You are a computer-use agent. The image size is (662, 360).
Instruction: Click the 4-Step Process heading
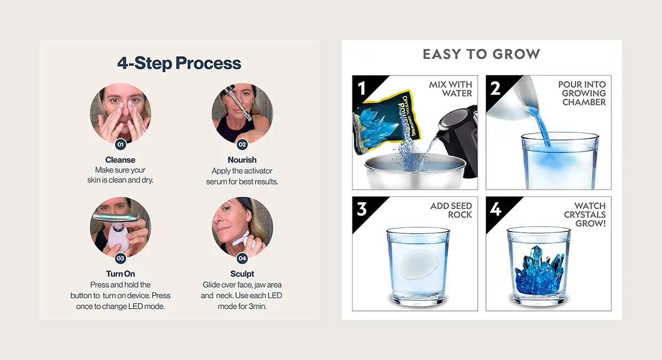coord(179,63)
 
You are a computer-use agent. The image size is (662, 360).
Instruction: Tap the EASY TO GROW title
coord(481,54)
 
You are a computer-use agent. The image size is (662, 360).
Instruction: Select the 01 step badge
coord(120,144)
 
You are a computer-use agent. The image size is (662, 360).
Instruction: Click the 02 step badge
coord(242,144)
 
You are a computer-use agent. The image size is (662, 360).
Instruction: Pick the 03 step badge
coord(120,258)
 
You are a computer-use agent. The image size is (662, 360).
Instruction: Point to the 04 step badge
coord(242,258)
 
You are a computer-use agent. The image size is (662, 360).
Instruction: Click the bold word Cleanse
coord(120,160)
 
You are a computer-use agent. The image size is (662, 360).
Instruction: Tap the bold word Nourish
coord(242,160)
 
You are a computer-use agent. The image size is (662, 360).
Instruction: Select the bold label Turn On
coord(120,274)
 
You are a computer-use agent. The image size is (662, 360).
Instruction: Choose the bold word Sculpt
coord(242,274)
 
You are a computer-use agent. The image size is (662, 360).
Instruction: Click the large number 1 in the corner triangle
coord(362,88)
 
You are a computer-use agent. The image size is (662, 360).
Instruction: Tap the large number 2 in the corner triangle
coord(495,88)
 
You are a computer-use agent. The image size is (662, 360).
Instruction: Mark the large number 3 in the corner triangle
coord(362,209)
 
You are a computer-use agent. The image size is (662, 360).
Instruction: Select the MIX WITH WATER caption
coord(450,89)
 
